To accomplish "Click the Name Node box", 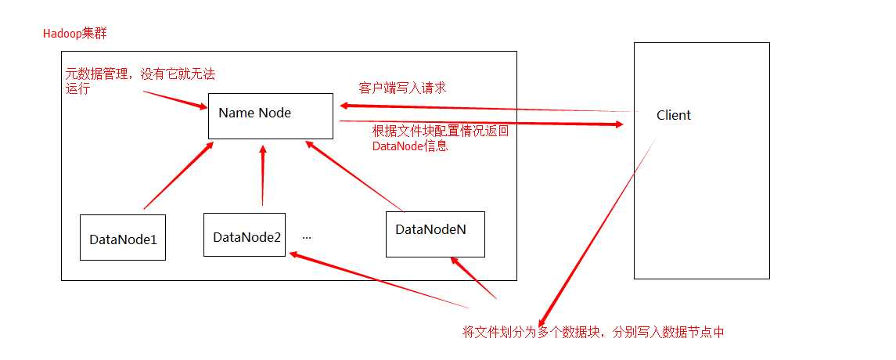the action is (270, 116).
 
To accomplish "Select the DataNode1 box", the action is (123, 238).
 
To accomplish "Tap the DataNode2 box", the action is (245, 234).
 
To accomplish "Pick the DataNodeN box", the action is (435, 234).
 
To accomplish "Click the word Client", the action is (674, 115).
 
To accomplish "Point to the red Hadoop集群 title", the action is (75, 33).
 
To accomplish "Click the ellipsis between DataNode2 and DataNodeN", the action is (307, 237).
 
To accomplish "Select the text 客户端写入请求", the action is (402, 88).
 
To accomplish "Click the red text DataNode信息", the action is (410, 146).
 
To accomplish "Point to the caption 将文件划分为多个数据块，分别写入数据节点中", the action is (593, 331).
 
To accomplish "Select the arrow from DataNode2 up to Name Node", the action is (263, 175).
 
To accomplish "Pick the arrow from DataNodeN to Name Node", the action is (354, 175).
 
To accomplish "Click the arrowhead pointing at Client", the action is (617, 124).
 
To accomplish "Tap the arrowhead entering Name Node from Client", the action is (347, 106).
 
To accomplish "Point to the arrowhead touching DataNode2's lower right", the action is (297, 254).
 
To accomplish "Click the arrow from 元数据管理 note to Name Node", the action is (175, 99).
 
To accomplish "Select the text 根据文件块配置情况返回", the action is (440, 131).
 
